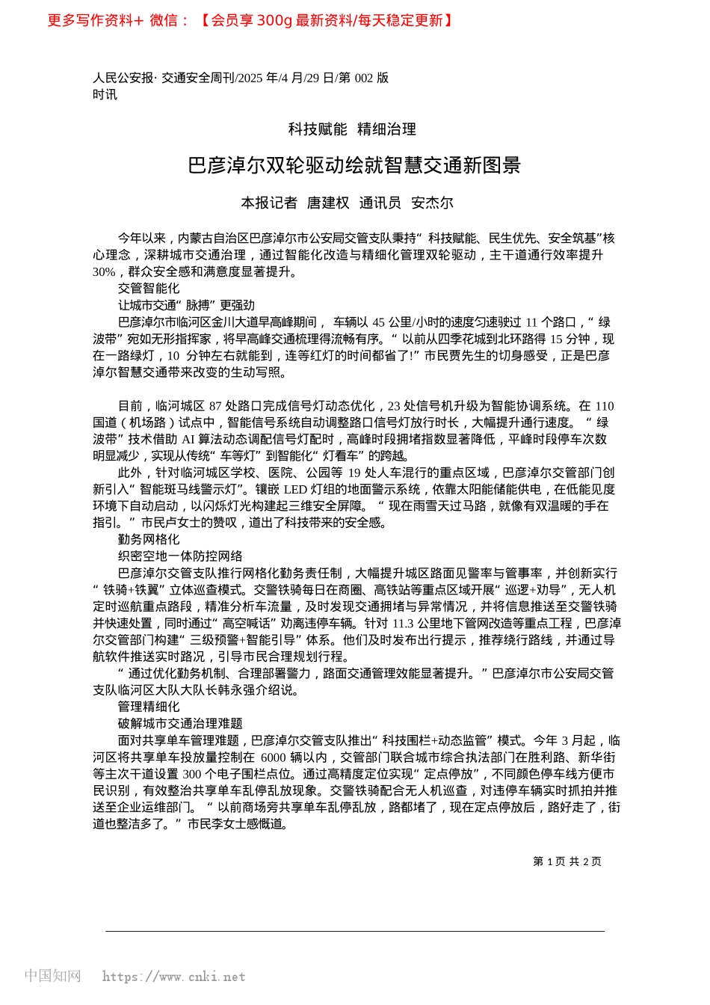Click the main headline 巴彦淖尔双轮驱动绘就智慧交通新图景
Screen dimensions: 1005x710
(x=354, y=165)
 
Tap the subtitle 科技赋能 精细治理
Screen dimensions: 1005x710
(x=352, y=129)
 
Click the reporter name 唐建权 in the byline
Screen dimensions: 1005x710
(x=328, y=203)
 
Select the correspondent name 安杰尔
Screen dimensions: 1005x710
(x=432, y=203)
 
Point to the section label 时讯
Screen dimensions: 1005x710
(x=105, y=94)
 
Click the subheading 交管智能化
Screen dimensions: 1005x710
(x=149, y=289)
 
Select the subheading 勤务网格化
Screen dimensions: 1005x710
(x=149, y=540)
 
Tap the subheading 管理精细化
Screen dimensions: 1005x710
(x=149, y=707)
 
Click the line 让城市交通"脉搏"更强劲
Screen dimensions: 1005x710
(x=186, y=305)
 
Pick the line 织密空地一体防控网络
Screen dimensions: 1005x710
(x=180, y=556)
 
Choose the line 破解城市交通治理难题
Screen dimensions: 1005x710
(x=180, y=724)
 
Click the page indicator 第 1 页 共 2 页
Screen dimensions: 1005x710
(x=567, y=861)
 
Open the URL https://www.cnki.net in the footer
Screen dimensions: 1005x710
(x=173, y=977)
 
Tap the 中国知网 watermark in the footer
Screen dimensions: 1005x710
(x=52, y=976)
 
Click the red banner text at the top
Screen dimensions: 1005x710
(x=250, y=21)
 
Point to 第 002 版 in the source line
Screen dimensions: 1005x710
(x=364, y=78)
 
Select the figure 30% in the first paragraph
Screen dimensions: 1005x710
(x=104, y=272)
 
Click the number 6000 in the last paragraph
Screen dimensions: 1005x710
(x=274, y=757)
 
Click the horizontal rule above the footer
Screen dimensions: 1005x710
(x=354, y=932)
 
